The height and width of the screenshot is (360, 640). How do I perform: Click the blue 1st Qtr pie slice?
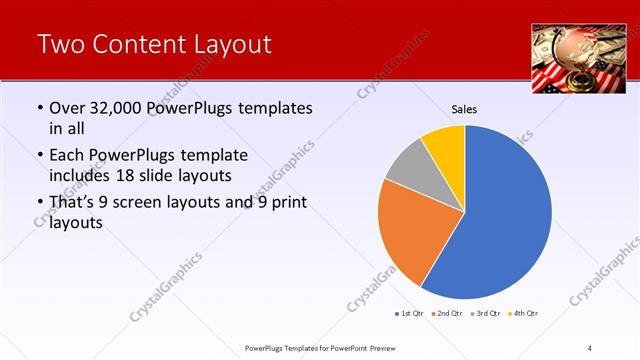point(500,220)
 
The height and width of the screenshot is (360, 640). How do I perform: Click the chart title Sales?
point(464,108)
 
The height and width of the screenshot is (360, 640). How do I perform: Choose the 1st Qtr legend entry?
point(410,314)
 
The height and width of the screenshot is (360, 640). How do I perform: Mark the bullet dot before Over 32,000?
point(39,108)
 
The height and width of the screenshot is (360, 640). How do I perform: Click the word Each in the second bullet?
point(66,156)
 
